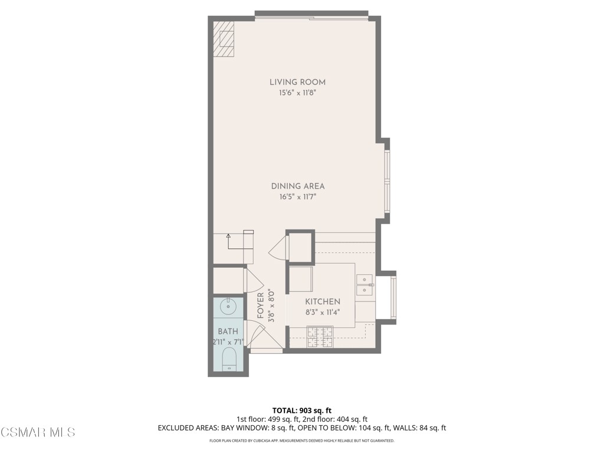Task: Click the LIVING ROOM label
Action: [x=297, y=82]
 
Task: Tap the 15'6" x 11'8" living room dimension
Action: [x=297, y=93]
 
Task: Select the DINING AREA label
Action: [x=297, y=186]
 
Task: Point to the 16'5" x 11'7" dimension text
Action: [x=297, y=196]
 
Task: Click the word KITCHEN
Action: [x=323, y=301]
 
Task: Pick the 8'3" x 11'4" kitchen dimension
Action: [x=323, y=312]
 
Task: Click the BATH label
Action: [x=228, y=331]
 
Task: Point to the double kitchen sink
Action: [x=365, y=284]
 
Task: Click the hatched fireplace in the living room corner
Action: [x=224, y=39]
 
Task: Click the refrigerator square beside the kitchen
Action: [x=301, y=279]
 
